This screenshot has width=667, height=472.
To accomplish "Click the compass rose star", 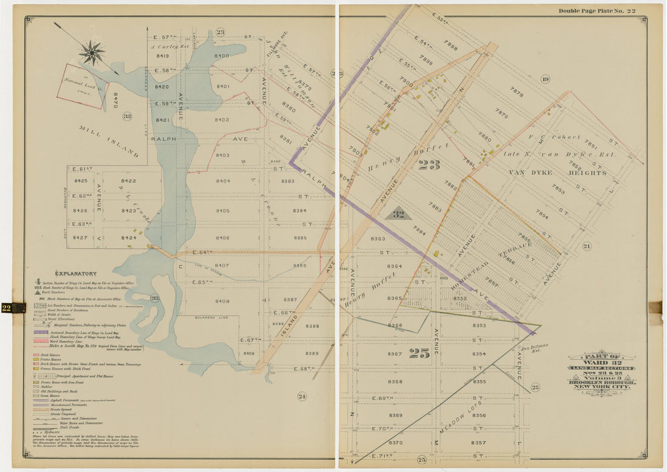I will pos(92,52).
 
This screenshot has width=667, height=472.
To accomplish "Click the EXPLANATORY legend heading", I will pos(76,274).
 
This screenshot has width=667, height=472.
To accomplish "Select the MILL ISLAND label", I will pos(109,142).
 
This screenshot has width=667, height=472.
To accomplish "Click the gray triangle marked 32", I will pos(398,214).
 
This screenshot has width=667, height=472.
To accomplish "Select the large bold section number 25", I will pos(419,353).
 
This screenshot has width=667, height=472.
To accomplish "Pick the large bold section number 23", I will pos(429,164).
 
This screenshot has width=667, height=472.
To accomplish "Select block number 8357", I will pos(478,443).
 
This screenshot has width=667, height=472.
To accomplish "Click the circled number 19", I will pos(545,79).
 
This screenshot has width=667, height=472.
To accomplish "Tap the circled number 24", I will pos(301,396).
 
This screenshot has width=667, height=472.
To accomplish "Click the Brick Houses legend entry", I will pos(56,352).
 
